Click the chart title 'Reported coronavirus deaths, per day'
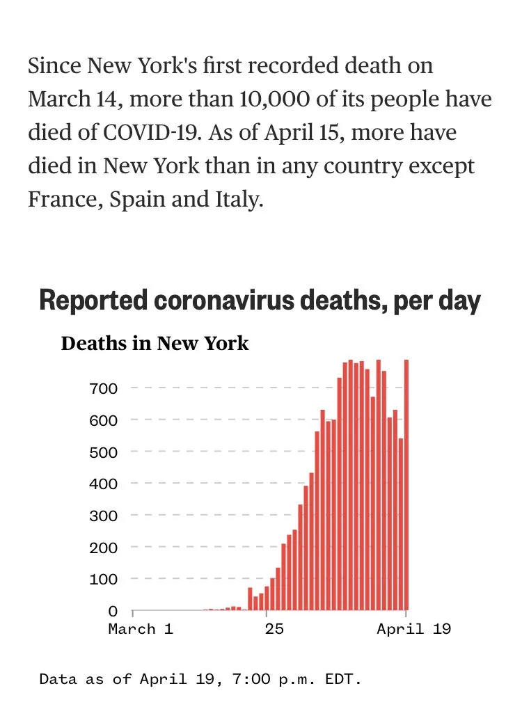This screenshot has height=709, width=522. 260,301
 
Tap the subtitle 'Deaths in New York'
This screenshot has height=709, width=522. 155,344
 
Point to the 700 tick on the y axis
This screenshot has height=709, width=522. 103,388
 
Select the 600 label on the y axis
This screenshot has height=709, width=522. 103,420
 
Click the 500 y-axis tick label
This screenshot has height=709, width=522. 103,452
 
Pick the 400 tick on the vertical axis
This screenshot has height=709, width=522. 103,483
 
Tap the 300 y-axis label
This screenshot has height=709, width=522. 103,515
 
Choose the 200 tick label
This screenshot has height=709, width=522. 103,547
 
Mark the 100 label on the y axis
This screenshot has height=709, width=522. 103,579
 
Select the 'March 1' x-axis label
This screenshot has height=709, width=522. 141,630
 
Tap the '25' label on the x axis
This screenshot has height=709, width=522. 274,630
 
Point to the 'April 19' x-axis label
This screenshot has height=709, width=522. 413,630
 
